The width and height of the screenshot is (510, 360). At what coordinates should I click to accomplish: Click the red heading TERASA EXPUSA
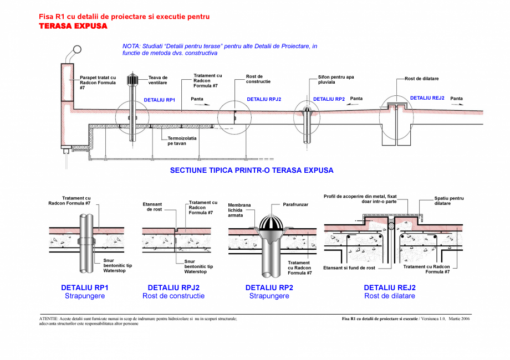click(x=73, y=26)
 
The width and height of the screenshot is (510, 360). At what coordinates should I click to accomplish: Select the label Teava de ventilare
click(x=158, y=80)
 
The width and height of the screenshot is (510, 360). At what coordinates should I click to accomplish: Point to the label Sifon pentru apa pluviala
click(x=336, y=80)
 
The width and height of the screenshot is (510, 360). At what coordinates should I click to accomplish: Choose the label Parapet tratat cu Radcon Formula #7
click(x=98, y=83)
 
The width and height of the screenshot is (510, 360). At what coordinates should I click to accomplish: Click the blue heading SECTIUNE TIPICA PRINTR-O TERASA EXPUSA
click(x=252, y=171)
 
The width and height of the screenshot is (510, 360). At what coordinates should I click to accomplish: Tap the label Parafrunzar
click(x=295, y=204)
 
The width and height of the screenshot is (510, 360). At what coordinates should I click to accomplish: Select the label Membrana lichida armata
click(x=239, y=210)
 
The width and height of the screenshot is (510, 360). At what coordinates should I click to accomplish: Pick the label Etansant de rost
click(x=152, y=207)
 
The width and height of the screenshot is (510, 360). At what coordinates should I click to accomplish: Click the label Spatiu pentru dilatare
click(x=441, y=200)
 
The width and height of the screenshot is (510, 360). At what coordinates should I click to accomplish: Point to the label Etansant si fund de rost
click(x=349, y=268)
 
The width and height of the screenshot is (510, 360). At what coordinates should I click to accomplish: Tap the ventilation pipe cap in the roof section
click(x=132, y=80)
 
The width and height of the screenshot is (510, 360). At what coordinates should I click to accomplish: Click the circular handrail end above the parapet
click(x=76, y=50)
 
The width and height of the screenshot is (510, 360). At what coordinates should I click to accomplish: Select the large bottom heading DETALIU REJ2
click(x=389, y=287)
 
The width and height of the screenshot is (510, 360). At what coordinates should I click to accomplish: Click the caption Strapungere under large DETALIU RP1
click(x=85, y=296)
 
